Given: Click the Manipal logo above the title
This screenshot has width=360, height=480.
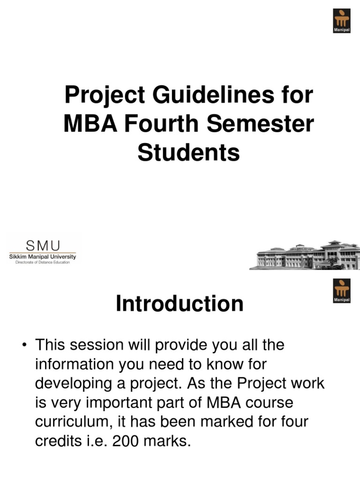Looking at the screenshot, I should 341,21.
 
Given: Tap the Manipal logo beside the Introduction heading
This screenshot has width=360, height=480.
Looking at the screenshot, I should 341,291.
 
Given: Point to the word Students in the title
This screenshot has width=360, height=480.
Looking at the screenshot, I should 188,153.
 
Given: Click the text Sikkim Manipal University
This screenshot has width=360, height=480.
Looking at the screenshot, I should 43,256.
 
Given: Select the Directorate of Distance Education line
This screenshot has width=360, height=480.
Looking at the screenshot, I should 43,262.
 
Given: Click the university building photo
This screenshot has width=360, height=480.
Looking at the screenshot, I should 305,255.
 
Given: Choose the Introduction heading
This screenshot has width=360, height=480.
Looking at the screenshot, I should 180,304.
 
